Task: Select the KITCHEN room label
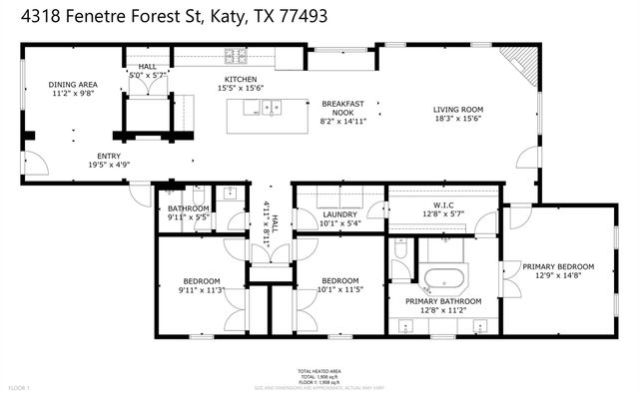(x=241, y=80)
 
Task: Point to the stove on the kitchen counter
(x=236, y=56)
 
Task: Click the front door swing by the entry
(x=32, y=164)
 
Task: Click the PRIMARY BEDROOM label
(x=559, y=266)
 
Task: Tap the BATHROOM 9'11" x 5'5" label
(x=188, y=212)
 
